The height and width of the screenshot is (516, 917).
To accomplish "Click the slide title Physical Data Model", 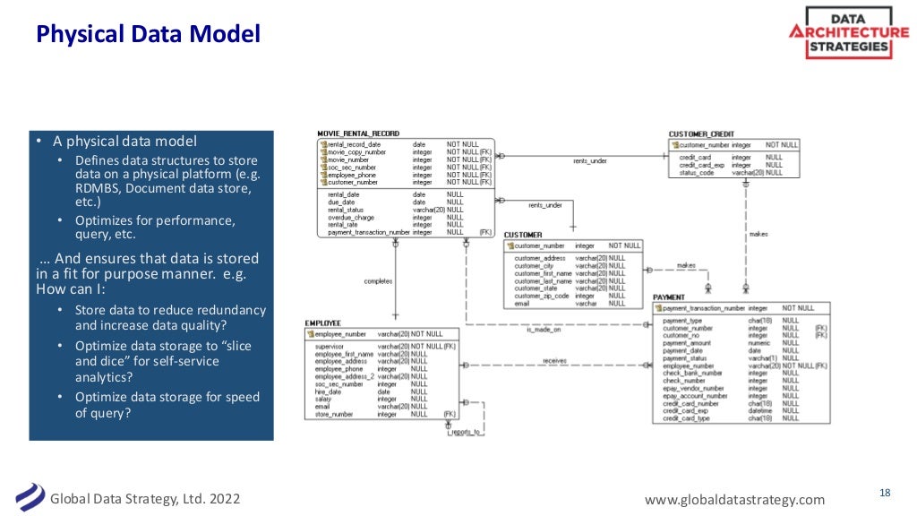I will pyautogui.click(x=148, y=35).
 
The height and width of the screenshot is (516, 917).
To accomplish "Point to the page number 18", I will pyautogui.click(x=885, y=493).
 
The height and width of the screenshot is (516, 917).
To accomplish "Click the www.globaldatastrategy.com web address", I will pyautogui.click(x=734, y=499).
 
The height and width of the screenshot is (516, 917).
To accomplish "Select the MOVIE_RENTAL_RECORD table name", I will pyautogui.click(x=358, y=133).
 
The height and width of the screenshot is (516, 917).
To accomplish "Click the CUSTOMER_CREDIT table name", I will pyautogui.click(x=701, y=133).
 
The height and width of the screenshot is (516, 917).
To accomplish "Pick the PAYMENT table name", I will pyautogui.click(x=669, y=297).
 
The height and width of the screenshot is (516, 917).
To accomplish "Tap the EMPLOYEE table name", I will pyautogui.click(x=322, y=322).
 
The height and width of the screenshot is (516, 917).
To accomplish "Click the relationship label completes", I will pyautogui.click(x=378, y=281).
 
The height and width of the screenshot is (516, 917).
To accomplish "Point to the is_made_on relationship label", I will pyautogui.click(x=543, y=329).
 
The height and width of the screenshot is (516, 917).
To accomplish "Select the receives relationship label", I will pyautogui.click(x=555, y=361).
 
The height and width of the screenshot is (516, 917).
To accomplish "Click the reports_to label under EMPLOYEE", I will pyautogui.click(x=465, y=432).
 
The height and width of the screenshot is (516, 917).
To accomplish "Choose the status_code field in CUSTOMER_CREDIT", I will pyautogui.click(x=697, y=173).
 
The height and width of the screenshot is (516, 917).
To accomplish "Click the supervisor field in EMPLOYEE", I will pyautogui.click(x=331, y=346).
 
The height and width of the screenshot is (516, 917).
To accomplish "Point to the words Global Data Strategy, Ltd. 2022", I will pyautogui.click(x=144, y=499).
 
